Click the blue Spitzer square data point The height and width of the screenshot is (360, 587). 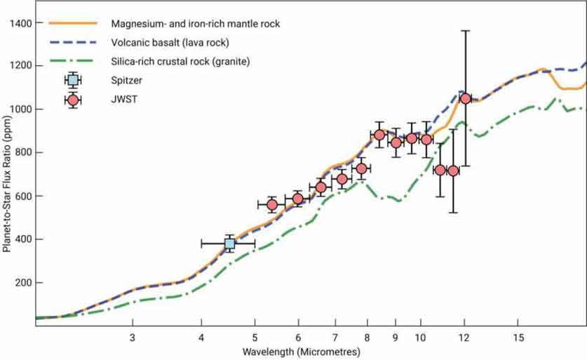pos(229,244)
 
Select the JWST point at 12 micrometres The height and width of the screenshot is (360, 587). pos(466,98)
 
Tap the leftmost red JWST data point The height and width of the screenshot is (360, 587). pos(272,205)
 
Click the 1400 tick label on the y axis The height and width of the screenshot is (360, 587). pos(21,23)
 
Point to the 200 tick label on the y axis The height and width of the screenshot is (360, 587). pos(24,283)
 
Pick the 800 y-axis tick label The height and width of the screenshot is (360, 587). pos(24,153)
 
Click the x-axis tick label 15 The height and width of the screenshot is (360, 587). pos(518,338)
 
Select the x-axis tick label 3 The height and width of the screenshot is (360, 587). pos(133,338)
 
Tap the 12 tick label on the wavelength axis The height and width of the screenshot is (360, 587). pos(464,338)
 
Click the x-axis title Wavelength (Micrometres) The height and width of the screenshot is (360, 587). pos(302,352)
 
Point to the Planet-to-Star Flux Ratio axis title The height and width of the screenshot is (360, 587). pos(7,184)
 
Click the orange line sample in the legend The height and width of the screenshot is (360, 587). pos(73,23)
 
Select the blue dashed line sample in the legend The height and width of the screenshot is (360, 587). pos(73,42)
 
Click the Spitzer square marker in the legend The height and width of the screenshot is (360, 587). pos(73,80)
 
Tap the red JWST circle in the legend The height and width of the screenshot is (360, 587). pos(73,100)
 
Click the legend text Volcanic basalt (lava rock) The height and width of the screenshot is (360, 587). pos(170,43)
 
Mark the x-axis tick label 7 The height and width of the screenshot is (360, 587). pos(335,338)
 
